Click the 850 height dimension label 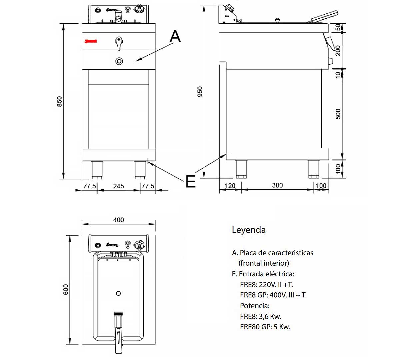[59, 101]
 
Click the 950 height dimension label [200, 92]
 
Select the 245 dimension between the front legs [118, 186]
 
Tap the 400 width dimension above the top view [118, 220]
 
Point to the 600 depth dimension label [66, 289]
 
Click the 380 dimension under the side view [277, 185]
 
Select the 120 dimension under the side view [230, 186]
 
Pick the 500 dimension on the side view [338, 114]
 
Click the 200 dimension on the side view [338, 51]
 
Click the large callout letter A [175, 36]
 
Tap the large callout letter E [190, 182]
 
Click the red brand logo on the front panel [90, 41]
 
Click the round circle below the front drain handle [119, 61]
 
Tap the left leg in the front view [97, 169]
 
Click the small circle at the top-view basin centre [118, 293]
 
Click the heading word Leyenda [249, 230]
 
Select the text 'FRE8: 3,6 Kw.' [260, 316]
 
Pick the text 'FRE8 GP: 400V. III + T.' [273, 295]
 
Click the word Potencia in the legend [255, 306]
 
